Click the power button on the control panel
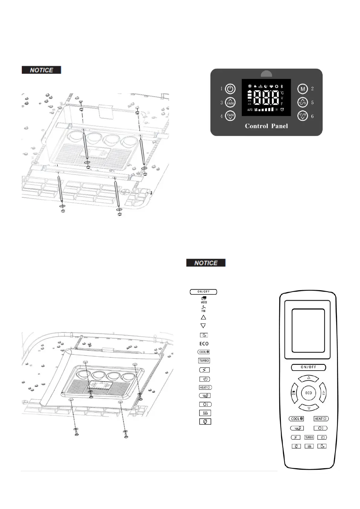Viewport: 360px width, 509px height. point(230,89)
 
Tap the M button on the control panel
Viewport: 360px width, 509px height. point(303,89)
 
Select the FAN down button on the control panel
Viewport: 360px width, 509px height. point(230,116)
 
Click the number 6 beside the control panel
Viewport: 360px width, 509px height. point(312,116)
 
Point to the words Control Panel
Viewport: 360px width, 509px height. point(266,126)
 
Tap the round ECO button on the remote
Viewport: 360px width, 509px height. point(308,393)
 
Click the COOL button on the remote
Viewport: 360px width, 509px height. point(297,419)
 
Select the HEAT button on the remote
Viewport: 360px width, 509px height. point(321,419)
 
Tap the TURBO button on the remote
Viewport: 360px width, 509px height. point(309,437)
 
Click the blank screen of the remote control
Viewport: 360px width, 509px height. point(308,330)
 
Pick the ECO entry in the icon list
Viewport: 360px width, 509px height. point(204,344)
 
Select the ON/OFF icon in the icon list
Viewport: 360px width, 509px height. point(203,292)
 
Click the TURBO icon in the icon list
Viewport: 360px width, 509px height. point(204,361)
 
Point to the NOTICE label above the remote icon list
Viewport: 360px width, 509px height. point(206,263)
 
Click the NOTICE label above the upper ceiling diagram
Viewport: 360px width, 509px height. point(41,70)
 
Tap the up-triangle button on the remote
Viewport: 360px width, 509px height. point(309,378)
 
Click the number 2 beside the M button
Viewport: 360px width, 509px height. point(312,89)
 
